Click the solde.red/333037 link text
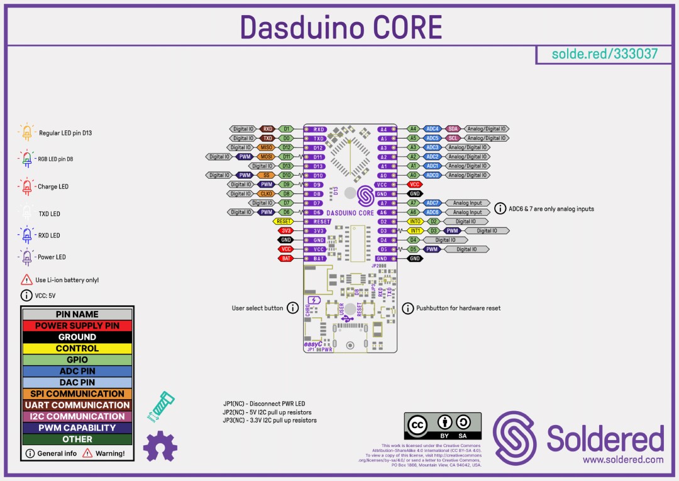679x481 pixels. click(604, 54)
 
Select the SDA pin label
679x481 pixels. click(453, 128)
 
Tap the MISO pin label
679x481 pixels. click(266, 147)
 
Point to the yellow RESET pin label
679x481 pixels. click(284, 222)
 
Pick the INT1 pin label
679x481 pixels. click(415, 230)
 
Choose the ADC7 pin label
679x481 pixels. click(432, 203)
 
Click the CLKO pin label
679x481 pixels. click(266, 194)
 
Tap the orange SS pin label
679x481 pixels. click(266, 175)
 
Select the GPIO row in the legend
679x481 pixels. click(77, 359)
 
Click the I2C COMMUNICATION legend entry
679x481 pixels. click(77, 416)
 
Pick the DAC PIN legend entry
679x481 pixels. click(77, 382)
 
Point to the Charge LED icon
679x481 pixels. click(26, 186)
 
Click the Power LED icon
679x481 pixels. click(26, 257)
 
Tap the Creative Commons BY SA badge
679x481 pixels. click(443, 426)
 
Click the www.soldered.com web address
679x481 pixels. click(622, 460)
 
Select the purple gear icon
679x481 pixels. click(160, 445)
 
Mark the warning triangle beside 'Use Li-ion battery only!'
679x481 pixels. click(26, 280)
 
